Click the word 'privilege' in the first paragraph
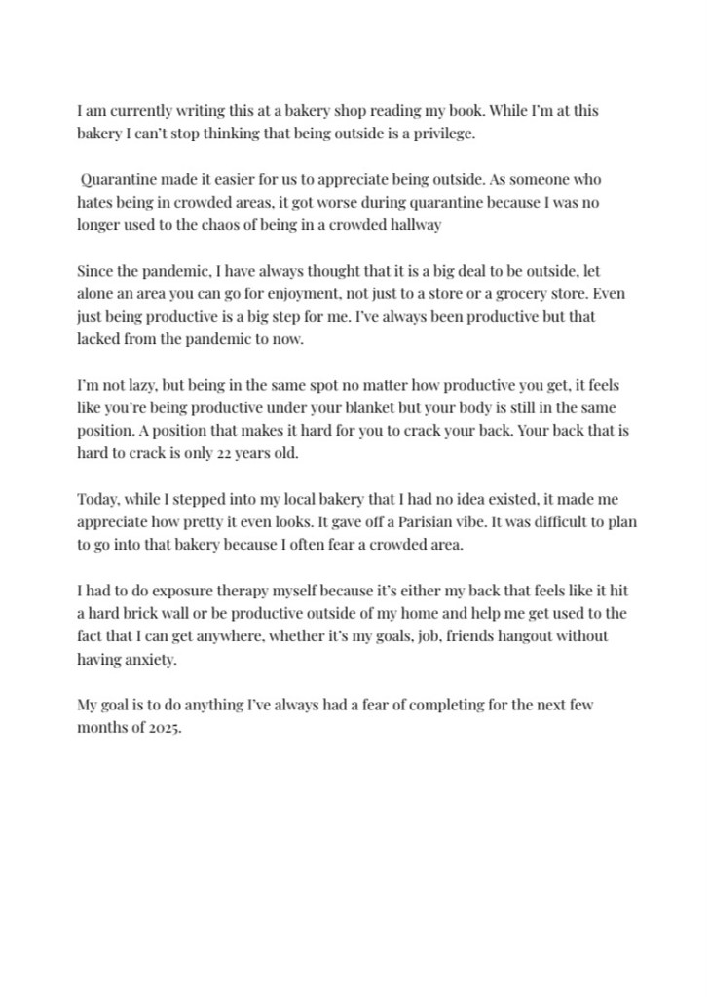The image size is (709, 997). [444, 134]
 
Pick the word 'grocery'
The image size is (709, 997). [504, 292]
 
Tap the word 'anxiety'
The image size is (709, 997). [154, 658]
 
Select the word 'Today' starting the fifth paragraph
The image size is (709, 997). [97, 499]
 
